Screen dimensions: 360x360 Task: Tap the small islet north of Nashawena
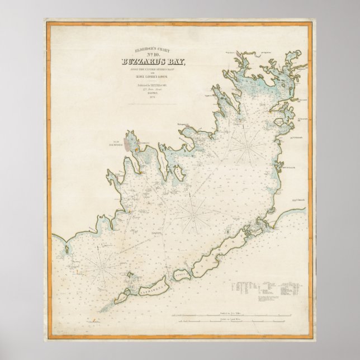pyautogui.click(x=133, y=275)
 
